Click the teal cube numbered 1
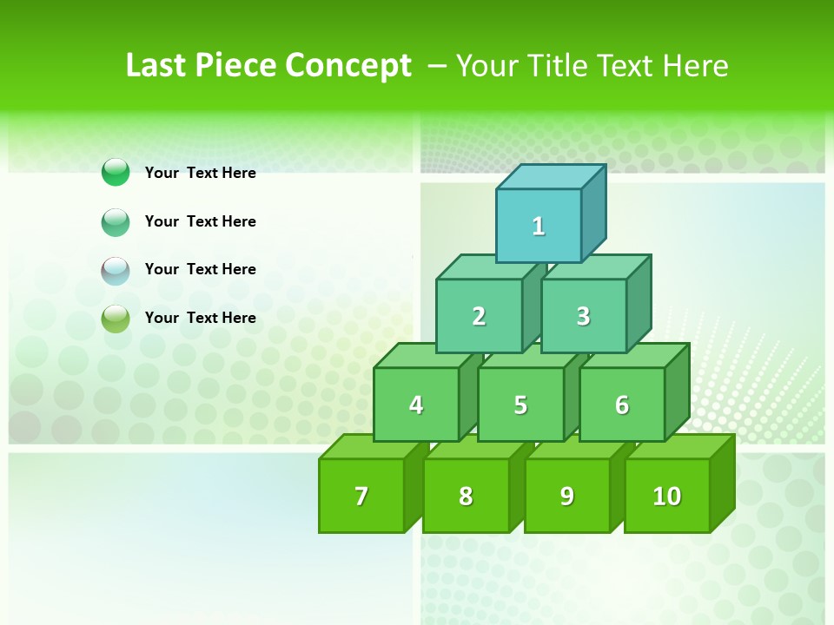pos(539,226)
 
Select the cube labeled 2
pos(479,316)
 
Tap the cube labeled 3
pos(583,316)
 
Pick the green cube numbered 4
pos(416,405)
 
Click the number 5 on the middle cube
pos(520,405)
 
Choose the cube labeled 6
pos(622,405)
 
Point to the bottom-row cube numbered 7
pos(361,496)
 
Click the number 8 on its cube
pos(466,496)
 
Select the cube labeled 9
pos(566,496)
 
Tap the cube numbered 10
pos(666,496)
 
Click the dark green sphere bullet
pos(116,173)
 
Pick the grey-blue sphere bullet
pos(116,270)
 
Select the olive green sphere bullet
pos(116,319)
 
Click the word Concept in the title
pos(348,66)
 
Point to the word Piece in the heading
pos(237,66)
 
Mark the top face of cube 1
pos(551,176)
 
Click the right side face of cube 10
pos(723,483)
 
